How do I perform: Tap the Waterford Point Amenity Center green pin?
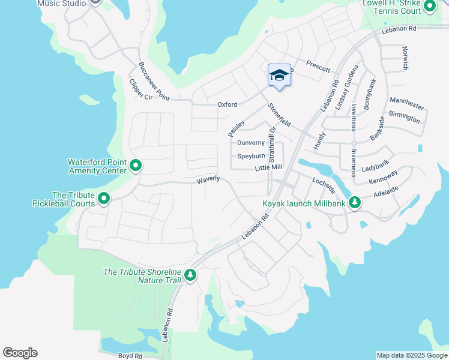(136, 166)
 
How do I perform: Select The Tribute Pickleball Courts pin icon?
(104, 198)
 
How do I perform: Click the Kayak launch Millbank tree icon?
(355, 203)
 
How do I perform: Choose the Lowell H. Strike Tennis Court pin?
(429, 7)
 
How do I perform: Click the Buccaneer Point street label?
(154, 80)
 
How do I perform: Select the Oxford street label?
(227, 104)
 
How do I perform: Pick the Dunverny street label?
(251, 143)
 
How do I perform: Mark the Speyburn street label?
(251, 156)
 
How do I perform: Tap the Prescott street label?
(318, 66)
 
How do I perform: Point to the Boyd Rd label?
(130, 356)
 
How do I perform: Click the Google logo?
(20, 353)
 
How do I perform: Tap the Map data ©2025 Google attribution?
(412, 355)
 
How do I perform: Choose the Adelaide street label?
(385, 194)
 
